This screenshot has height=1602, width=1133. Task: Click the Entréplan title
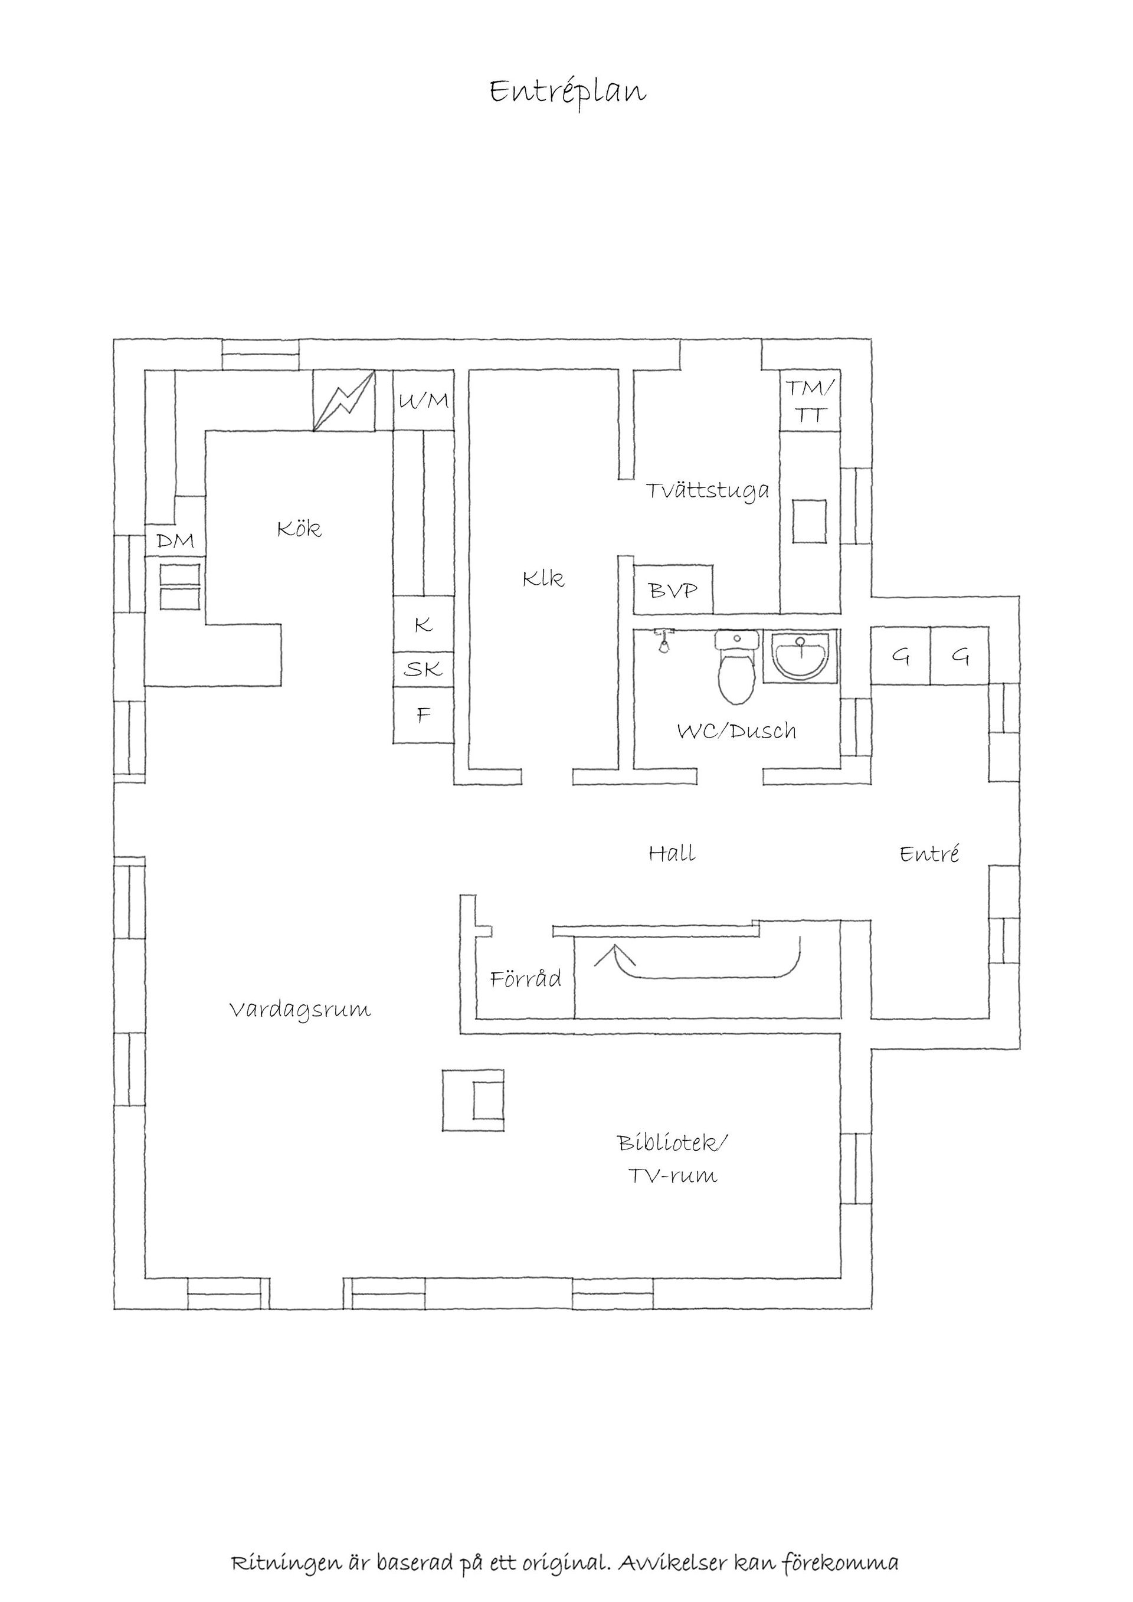coord(567,92)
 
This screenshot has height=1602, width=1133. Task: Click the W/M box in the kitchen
coord(424,401)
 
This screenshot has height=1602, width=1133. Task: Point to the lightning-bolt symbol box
coord(343,401)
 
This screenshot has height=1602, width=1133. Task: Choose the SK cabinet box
coord(424,670)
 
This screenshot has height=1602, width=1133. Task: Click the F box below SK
coord(424,715)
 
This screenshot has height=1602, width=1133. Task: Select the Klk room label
coord(543,578)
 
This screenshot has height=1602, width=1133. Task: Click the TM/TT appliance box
coord(809,401)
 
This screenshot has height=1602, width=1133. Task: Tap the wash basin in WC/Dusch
coord(801,654)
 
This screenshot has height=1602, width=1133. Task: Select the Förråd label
coord(525,979)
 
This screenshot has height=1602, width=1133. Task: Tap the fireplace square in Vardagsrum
coord(473,1101)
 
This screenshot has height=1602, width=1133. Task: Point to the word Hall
coord(672,853)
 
